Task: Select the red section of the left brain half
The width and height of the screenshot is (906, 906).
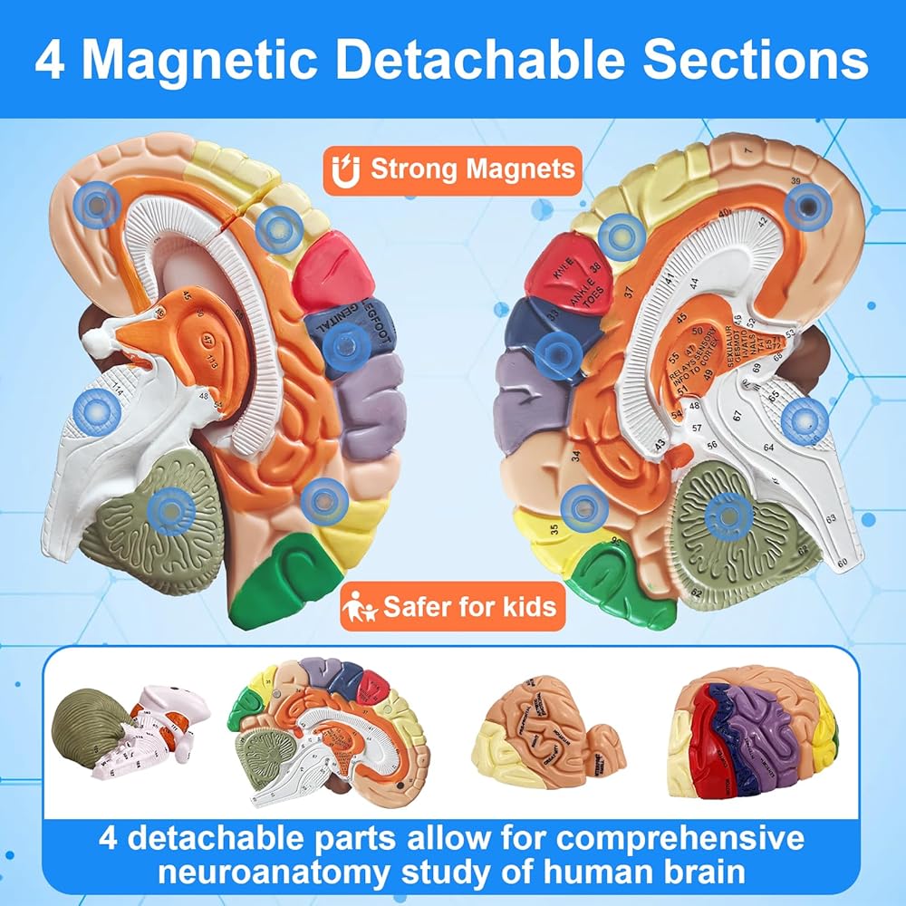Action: (333, 270)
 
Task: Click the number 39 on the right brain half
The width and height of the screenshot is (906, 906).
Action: (795, 182)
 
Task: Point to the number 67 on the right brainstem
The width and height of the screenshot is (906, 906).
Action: (737, 415)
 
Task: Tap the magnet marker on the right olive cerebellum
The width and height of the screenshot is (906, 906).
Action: (728, 516)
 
